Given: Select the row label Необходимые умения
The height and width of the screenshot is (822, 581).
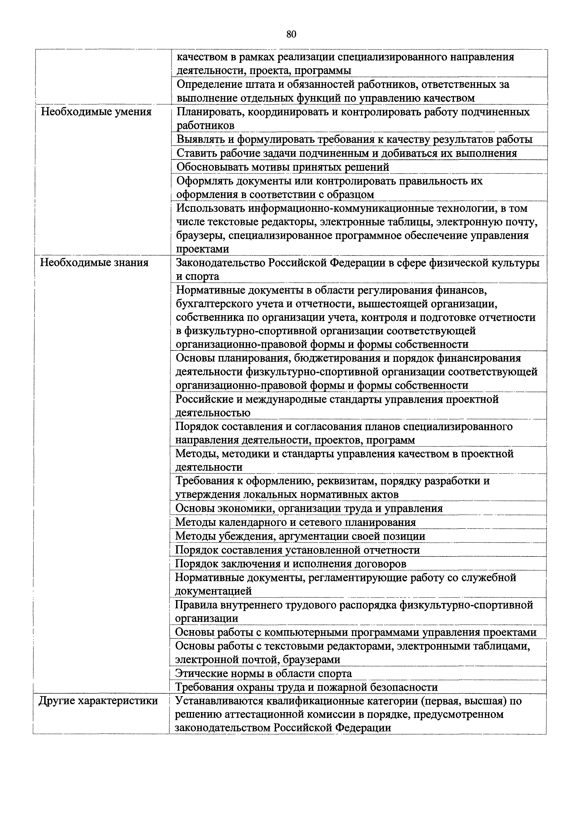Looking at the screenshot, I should pyautogui.click(x=96, y=112).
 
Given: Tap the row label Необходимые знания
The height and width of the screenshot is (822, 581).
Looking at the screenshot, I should pyautogui.click(x=94, y=263).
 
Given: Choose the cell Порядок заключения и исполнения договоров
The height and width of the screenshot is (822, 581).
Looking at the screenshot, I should pyautogui.click(x=290, y=564).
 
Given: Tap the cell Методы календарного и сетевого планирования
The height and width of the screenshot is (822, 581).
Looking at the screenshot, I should pyautogui.click(x=295, y=522).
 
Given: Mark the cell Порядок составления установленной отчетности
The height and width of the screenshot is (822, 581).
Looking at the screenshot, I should pyautogui.click(x=297, y=550).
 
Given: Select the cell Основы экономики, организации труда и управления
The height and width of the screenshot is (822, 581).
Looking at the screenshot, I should pyautogui.click(x=309, y=508).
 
